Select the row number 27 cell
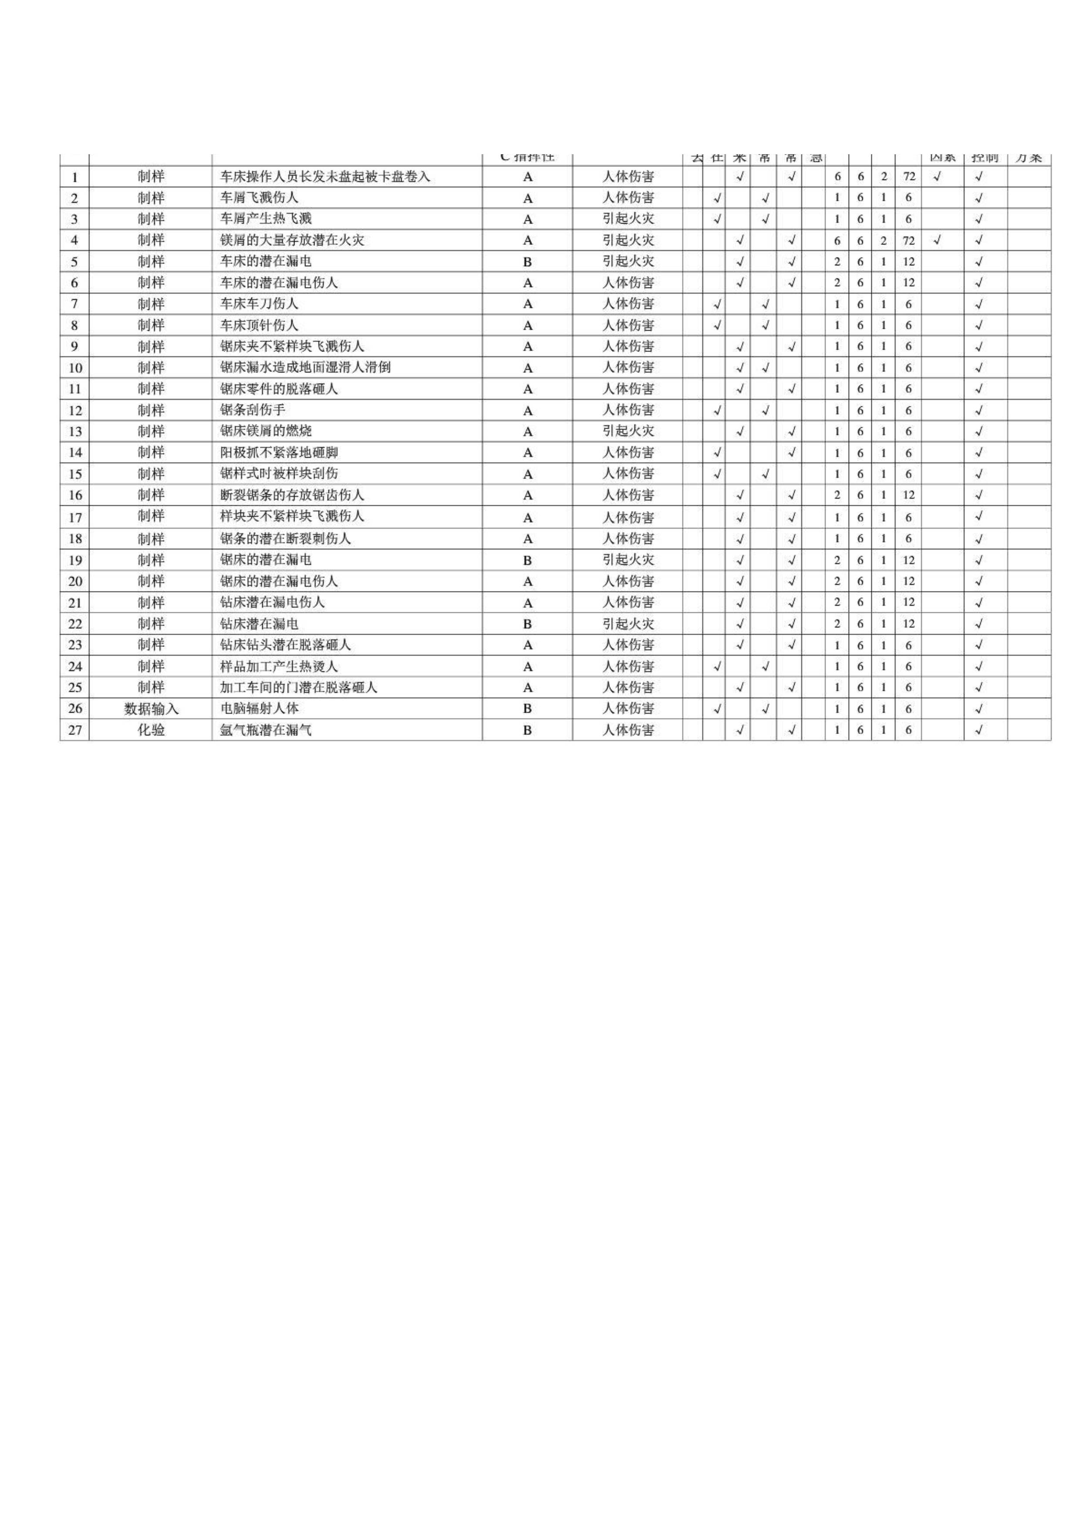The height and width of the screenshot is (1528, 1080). tap(74, 730)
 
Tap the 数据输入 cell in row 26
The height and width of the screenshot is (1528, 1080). tap(151, 709)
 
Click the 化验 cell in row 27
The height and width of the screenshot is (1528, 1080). tap(151, 730)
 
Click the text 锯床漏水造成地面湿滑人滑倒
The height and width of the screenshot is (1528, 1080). tap(305, 367)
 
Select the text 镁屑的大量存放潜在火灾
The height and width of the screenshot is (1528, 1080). tap(292, 240)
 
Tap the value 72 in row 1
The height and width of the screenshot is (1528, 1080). tap(908, 177)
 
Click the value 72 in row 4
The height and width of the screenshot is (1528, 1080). tap(908, 240)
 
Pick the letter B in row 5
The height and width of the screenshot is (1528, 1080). tap(528, 261)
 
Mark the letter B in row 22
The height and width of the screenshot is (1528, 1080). tap(528, 624)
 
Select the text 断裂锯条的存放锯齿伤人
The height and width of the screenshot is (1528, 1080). tap(292, 495)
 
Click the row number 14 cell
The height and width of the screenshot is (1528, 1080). tap(74, 453)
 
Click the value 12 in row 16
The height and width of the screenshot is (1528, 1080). tap(908, 495)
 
